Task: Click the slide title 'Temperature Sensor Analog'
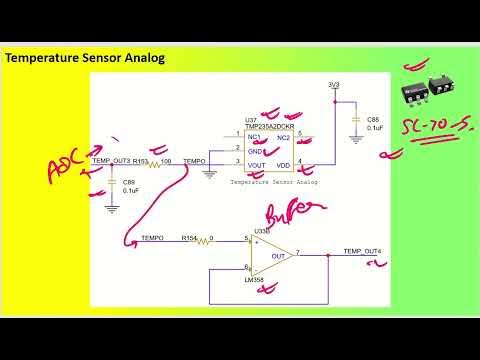pyautogui.click(x=85, y=58)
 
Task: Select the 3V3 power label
pyautogui.click(x=334, y=86)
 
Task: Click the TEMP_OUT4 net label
pyautogui.click(x=361, y=250)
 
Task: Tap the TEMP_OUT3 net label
pyautogui.click(x=111, y=161)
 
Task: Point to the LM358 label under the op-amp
pyautogui.click(x=254, y=280)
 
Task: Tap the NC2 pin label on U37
pyautogui.click(x=284, y=136)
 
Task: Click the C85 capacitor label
pyautogui.click(x=373, y=120)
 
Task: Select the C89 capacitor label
pyautogui.click(x=129, y=182)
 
